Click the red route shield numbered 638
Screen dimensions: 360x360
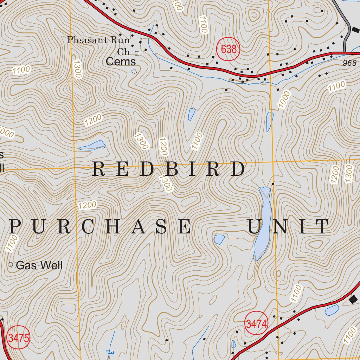click(228, 49)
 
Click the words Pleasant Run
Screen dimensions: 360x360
click(98, 40)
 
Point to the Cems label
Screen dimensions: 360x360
click(121, 62)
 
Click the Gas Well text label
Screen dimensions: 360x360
click(39, 265)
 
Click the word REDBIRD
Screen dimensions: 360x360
click(168, 169)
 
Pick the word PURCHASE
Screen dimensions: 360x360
click(100, 226)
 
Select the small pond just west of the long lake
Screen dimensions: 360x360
click(219, 239)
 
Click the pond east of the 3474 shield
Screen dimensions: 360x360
click(332, 310)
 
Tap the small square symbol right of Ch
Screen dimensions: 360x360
click(137, 53)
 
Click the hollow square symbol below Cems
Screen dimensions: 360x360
click(134, 71)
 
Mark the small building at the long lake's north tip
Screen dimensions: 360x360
click(273, 184)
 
